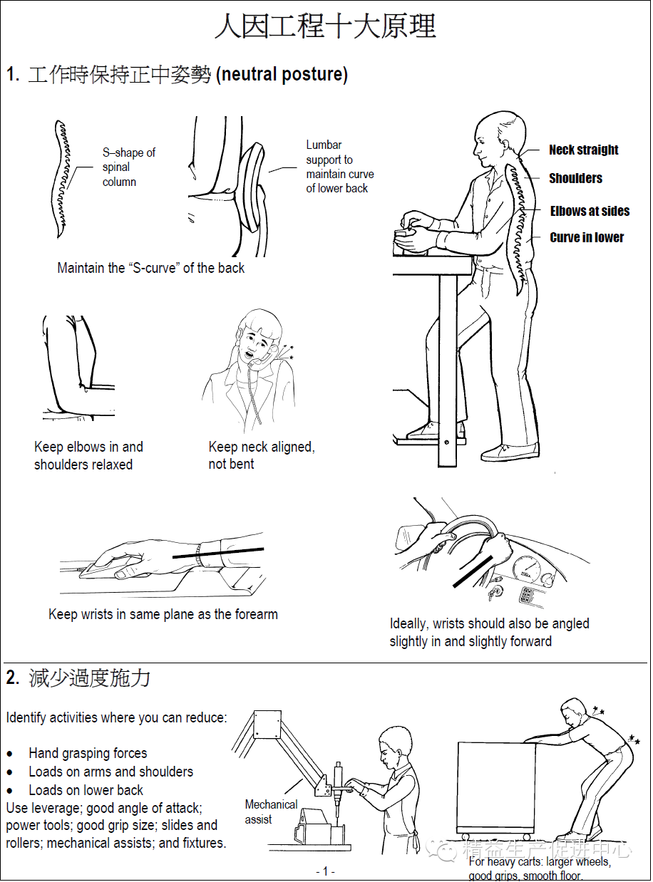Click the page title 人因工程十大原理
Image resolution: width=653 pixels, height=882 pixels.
[325, 27]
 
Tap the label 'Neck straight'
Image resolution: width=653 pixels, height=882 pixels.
[583, 150]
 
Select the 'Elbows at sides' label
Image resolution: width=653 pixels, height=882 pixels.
[590, 211]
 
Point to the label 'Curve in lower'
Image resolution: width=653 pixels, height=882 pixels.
[587, 237]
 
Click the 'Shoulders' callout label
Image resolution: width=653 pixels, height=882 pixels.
[575, 178]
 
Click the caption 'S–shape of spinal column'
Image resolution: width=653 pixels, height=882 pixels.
[128, 167]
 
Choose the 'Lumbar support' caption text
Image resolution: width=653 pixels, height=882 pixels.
[339, 167]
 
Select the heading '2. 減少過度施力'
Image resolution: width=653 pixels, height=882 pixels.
[78, 678]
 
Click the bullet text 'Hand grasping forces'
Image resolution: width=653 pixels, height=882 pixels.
[88, 753]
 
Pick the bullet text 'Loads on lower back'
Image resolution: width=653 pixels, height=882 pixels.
[86, 790]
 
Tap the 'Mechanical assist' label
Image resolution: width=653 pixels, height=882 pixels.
[271, 811]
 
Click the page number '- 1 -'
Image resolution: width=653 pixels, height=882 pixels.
[325, 871]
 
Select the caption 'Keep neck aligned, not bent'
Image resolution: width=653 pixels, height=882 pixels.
[261, 455]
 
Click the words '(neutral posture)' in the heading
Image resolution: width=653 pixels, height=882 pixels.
[282, 74]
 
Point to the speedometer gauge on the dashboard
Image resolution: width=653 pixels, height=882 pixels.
[527, 569]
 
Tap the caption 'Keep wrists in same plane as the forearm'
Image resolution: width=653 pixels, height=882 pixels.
[163, 614]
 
